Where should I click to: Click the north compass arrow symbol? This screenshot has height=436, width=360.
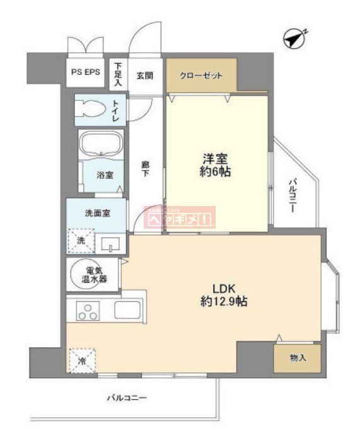click(294, 38)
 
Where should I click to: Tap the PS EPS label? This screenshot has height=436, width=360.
click(86, 72)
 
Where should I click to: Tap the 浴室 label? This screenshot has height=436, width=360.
click(105, 175)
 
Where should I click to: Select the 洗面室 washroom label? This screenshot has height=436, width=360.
click(98, 212)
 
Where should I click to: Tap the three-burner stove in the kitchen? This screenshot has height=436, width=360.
click(88, 311)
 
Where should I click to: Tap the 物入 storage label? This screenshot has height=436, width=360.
click(298, 359)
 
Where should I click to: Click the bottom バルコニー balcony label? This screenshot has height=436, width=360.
click(125, 398)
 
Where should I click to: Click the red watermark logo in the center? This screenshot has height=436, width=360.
click(180, 218)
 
